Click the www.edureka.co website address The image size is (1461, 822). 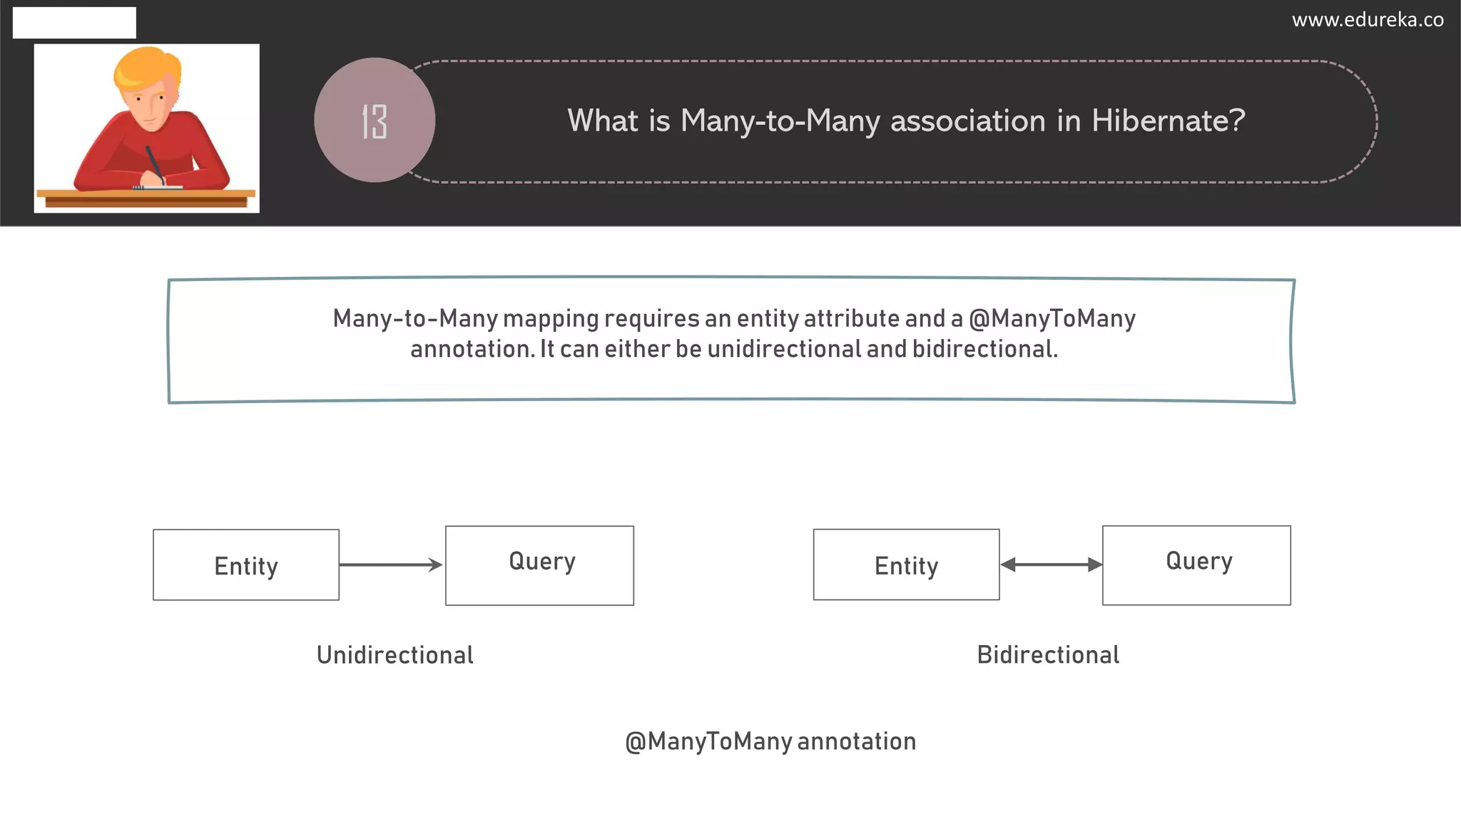tap(1367, 20)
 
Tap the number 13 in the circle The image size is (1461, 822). tap(375, 121)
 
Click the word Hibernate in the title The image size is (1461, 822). tap(1168, 121)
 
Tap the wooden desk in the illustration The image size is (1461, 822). tap(146, 198)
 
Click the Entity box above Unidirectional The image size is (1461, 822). tap(246, 565)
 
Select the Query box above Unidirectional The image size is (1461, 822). tap(539, 565)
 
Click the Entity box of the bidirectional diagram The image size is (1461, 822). tap(906, 565)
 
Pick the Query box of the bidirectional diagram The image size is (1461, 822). tap(1196, 565)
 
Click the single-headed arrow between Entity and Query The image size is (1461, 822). tap(391, 565)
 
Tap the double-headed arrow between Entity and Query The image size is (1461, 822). tap(1051, 565)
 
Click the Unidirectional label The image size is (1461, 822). tap(394, 655)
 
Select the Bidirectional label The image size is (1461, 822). tap(1048, 655)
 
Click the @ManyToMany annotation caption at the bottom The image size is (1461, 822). tap(770, 741)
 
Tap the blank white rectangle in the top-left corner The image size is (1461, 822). tap(74, 23)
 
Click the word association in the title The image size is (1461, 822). tap(968, 121)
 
